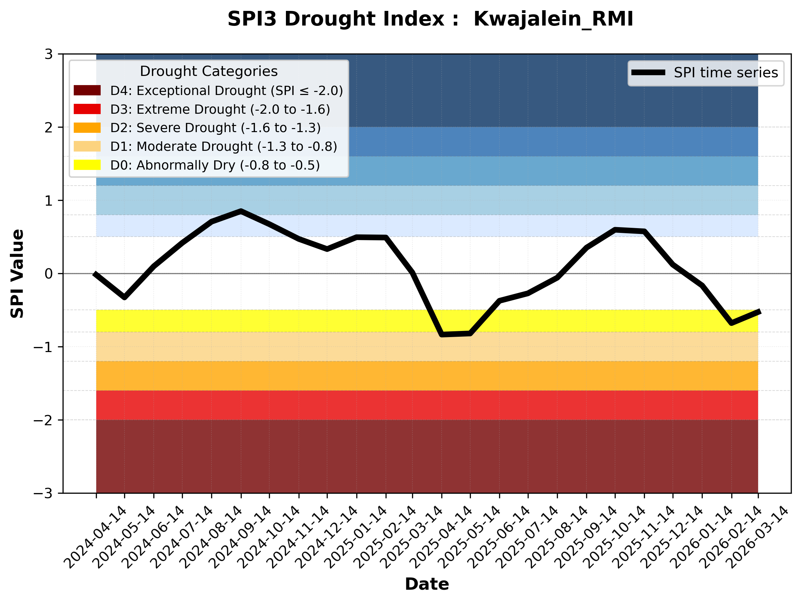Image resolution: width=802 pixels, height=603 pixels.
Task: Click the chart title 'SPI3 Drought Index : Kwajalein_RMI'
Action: pos(430,19)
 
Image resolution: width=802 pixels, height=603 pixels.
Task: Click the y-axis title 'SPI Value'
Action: pos(17,274)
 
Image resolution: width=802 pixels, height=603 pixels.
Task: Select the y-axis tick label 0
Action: pos(49,274)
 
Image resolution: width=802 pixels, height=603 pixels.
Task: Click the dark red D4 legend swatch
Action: pos(87,90)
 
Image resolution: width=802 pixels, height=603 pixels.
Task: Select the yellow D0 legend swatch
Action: pos(87,165)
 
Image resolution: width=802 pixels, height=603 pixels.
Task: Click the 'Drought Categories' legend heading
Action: pos(209,72)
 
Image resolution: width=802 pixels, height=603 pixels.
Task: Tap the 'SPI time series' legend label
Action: pos(726,73)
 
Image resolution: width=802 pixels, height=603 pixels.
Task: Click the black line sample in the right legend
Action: pos(648,73)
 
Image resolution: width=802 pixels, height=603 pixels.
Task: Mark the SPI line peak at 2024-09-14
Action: pos(241,211)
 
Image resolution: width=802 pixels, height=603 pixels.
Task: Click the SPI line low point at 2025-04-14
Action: pos(442,335)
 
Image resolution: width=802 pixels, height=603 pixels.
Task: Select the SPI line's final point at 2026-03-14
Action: pos(759,312)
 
